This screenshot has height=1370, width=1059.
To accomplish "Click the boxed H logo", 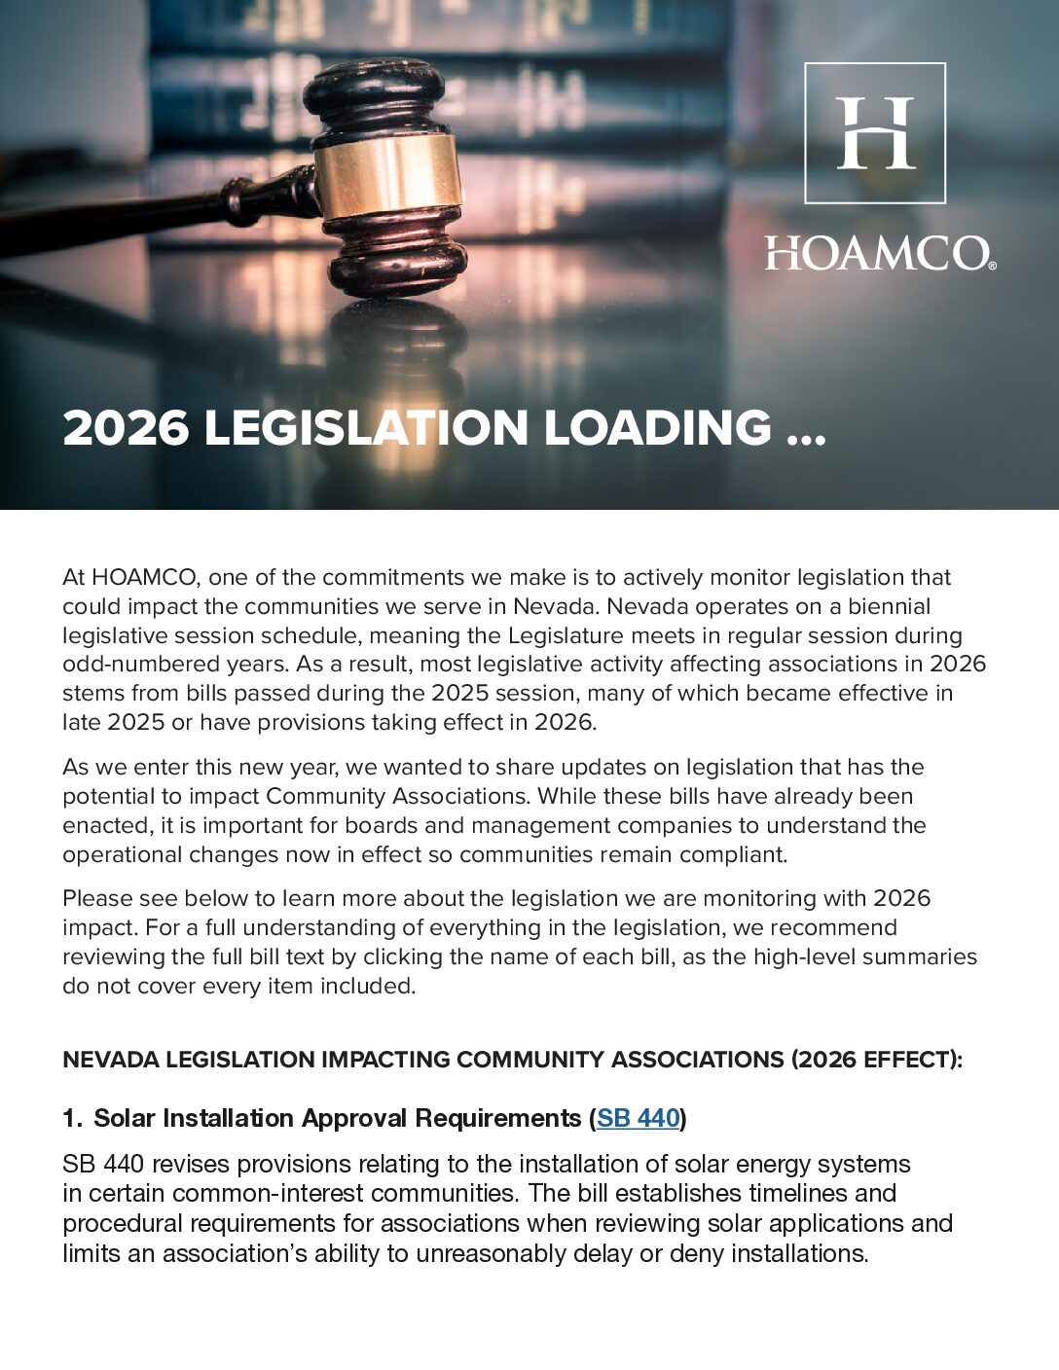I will tap(875, 133).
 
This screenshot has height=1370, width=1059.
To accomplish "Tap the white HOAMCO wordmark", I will tap(875, 254).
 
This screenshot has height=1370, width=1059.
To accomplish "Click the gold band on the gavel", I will tap(387, 176).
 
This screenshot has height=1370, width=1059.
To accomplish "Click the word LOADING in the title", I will tap(657, 428).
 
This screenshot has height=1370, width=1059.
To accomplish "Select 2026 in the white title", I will tap(126, 428).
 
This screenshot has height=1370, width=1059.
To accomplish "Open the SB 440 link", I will tap(638, 1119).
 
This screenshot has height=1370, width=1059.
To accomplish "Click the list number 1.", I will tap(71, 1119).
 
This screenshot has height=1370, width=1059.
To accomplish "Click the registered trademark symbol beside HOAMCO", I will tap(991, 265).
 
